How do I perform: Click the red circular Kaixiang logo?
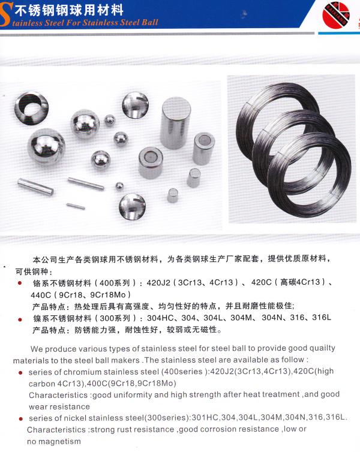pos(336,15)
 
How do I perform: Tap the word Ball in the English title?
pos(150,23)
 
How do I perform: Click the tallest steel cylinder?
pos(175,122)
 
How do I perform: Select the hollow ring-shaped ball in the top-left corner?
pos(31,108)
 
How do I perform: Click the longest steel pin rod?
pos(35,186)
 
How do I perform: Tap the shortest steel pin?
pos(76,206)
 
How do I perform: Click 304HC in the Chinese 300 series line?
pos(160,318)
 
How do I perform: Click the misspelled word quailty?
pos(323,348)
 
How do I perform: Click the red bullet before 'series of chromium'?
pos(20,373)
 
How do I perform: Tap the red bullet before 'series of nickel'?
pos(20,418)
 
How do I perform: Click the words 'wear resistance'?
pos(59,407)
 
